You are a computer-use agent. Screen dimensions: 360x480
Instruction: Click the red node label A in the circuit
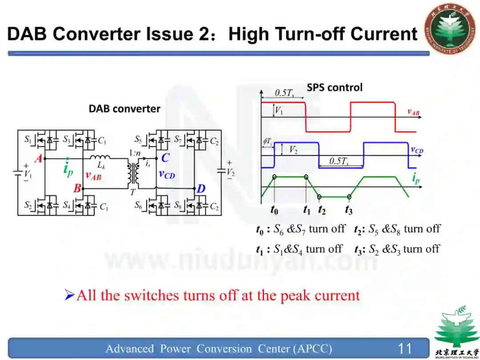[38, 158]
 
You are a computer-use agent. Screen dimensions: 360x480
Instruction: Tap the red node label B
[77, 188]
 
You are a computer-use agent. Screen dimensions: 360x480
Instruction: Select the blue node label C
[165, 158]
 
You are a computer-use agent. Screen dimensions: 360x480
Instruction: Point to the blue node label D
[201, 189]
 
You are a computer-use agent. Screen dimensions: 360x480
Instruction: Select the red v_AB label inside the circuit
[93, 176]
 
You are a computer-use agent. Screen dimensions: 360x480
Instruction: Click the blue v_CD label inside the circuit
[167, 174]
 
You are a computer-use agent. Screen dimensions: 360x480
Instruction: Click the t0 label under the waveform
[275, 209]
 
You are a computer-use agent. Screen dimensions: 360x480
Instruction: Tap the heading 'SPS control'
[335, 88]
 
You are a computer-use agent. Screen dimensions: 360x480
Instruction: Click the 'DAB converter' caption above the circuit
[124, 109]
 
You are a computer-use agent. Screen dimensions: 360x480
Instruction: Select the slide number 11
[405, 348]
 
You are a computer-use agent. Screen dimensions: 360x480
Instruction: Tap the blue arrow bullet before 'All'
[69, 294]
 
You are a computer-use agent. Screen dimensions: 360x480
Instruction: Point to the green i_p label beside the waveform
[416, 178]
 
